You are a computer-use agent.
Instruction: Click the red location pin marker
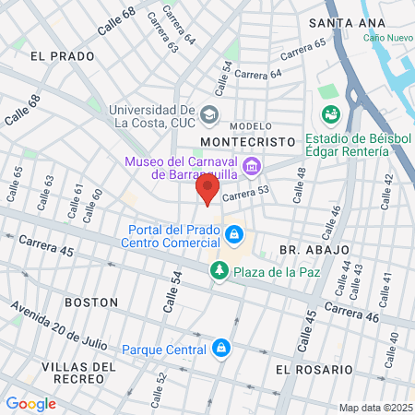pyautogui.click(x=207, y=191)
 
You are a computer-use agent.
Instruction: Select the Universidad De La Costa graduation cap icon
pyautogui.click(x=210, y=114)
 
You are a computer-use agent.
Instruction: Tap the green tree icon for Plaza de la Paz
pyautogui.click(x=219, y=271)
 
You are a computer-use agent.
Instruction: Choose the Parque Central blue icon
pyautogui.click(x=220, y=349)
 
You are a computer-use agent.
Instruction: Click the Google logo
pyautogui.click(x=30, y=403)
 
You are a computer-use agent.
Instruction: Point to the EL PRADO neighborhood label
pyautogui.click(x=63, y=56)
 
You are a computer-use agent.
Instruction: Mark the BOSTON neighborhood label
pyautogui.click(x=91, y=302)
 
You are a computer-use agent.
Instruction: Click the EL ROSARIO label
pyautogui.click(x=314, y=369)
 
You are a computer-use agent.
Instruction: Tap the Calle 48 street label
pyautogui.click(x=300, y=190)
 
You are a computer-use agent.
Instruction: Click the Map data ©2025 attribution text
pyautogui.click(x=375, y=408)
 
